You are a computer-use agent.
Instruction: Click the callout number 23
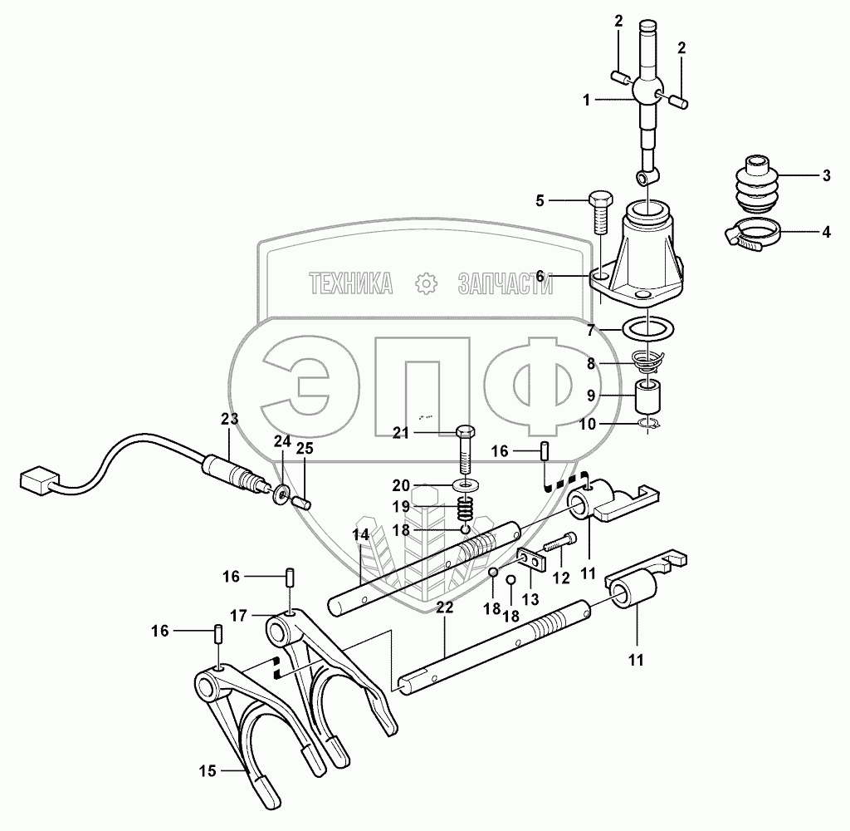pyautogui.click(x=229, y=419)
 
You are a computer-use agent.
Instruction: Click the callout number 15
pyautogui.click(x=207, y=770)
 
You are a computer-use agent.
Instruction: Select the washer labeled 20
pyautogui.click(x=469, y=484)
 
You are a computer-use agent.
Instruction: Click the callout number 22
pyautogui.click(x=445, y=608)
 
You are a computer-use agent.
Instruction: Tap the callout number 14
pyautogui.click(x=361, y=534)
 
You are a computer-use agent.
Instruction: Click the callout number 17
pyautogui.click(x=238, y=616)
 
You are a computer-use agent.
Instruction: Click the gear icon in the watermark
pyautogui.click(x=426, y=284)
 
